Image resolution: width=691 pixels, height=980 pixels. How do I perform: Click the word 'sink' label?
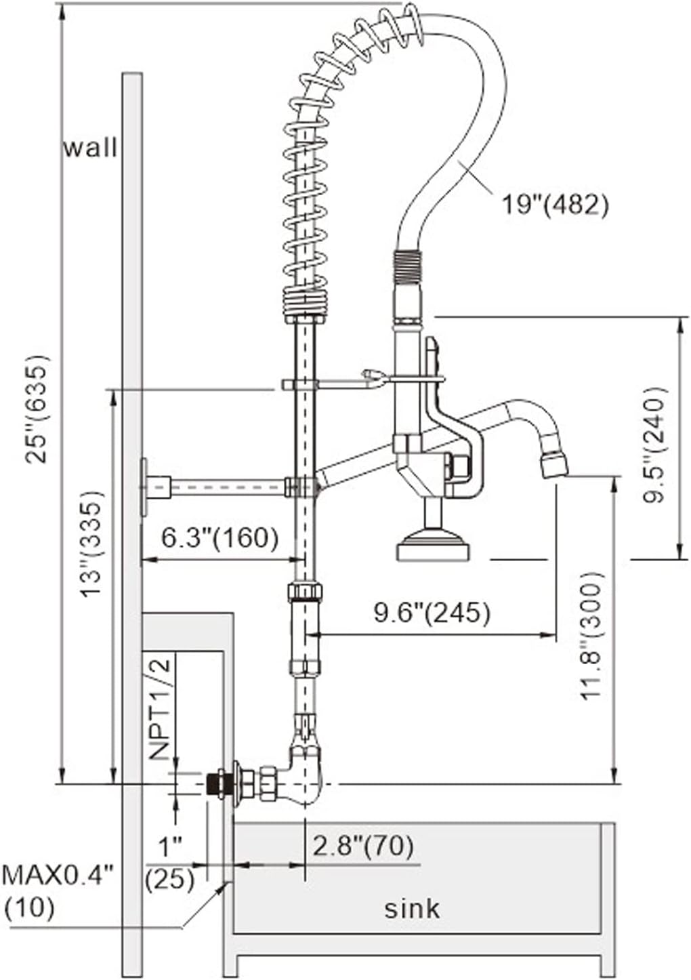412,907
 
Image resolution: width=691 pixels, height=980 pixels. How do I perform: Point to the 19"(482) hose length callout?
554,203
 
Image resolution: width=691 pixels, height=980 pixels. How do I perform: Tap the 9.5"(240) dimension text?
656,443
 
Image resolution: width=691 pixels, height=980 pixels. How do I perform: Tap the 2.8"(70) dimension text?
362,846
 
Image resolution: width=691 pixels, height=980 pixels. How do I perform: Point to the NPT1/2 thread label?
160,708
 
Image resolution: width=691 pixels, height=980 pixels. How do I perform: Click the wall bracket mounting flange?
144,487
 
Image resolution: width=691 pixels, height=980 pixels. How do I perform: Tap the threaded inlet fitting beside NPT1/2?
217,784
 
